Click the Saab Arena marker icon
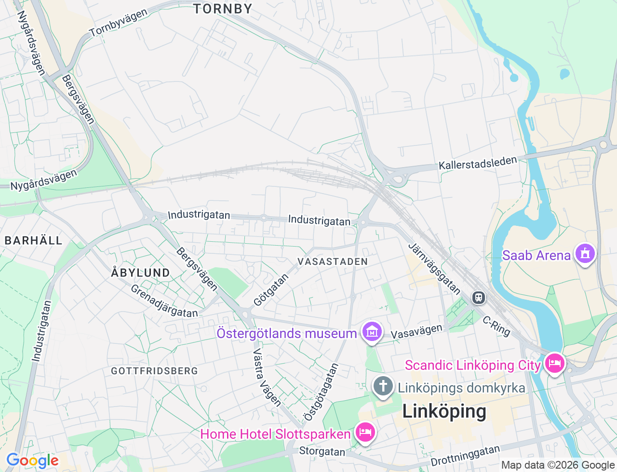pos(585,254)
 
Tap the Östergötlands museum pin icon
pos(372,332)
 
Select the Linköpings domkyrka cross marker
pos(383,386)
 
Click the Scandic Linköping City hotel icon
pos(554,363)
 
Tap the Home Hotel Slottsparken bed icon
pos(365,432)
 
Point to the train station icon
pos(478,297)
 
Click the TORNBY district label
pos(223,9)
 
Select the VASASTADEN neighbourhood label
pos(333,262)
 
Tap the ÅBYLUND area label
pos(140,273)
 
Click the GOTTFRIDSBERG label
pos(154,371)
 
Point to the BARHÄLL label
pos(33,240)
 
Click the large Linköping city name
pos(444,411)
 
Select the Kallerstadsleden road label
pos(478,163)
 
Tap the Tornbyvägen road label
pos(119,23)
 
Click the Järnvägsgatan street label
pos(434,268)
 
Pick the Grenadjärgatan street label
pos(164,302)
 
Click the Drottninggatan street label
pos(465,456)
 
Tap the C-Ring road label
pos(496,326)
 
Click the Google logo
pos(32,461)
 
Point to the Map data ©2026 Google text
pos(558,465)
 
